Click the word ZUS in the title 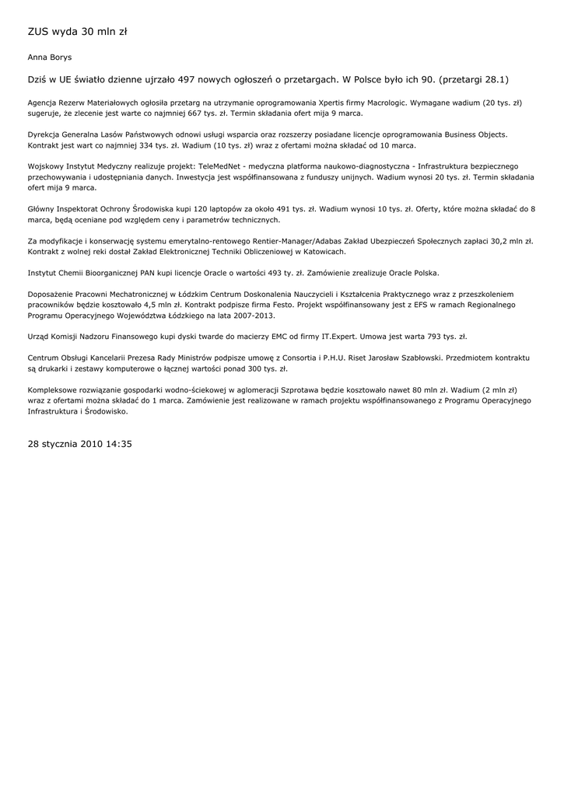pos(37,32)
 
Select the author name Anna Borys pos(49,58)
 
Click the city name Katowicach pos(321,252)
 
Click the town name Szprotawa pos(300,389)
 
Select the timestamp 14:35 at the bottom pos(117,444)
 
